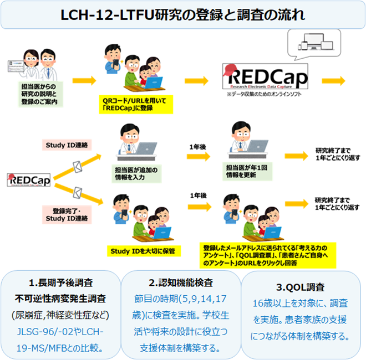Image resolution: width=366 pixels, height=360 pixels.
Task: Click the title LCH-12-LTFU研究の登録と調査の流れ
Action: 182,15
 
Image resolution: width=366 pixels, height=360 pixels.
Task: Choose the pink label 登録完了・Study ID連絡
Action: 62,214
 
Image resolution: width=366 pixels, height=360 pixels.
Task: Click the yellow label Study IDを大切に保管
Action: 141,250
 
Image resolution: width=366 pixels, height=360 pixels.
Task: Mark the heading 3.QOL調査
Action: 303,287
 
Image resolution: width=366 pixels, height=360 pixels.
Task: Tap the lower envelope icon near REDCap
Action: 78,192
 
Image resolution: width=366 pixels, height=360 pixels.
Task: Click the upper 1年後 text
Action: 198,146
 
